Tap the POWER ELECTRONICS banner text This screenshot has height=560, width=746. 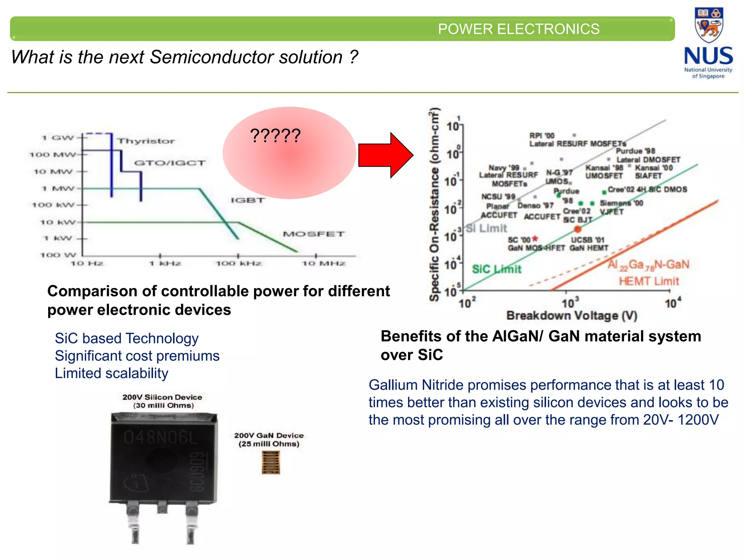(518, 29)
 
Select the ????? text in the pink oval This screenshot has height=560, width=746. (275, 136)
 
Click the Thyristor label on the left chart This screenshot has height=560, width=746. (146, 141)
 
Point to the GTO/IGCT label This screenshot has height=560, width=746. (170, 163)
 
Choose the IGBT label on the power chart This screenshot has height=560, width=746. (248, 200)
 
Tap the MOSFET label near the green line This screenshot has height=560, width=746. (314, 234)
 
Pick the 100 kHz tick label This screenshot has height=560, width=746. (239, 264)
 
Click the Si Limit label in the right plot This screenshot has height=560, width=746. (487, 229)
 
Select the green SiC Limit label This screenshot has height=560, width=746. (497, 269)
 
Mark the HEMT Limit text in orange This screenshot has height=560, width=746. (649, 281)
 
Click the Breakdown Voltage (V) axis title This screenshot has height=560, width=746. (572, 316)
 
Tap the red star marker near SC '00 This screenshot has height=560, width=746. (535, 238)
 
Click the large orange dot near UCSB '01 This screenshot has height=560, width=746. (578, 229)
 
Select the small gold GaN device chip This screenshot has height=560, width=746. (271, 462)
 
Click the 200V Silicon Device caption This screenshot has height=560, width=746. (162, 397)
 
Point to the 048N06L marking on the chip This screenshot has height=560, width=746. (161, 437)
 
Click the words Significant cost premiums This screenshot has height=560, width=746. (137, 356)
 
